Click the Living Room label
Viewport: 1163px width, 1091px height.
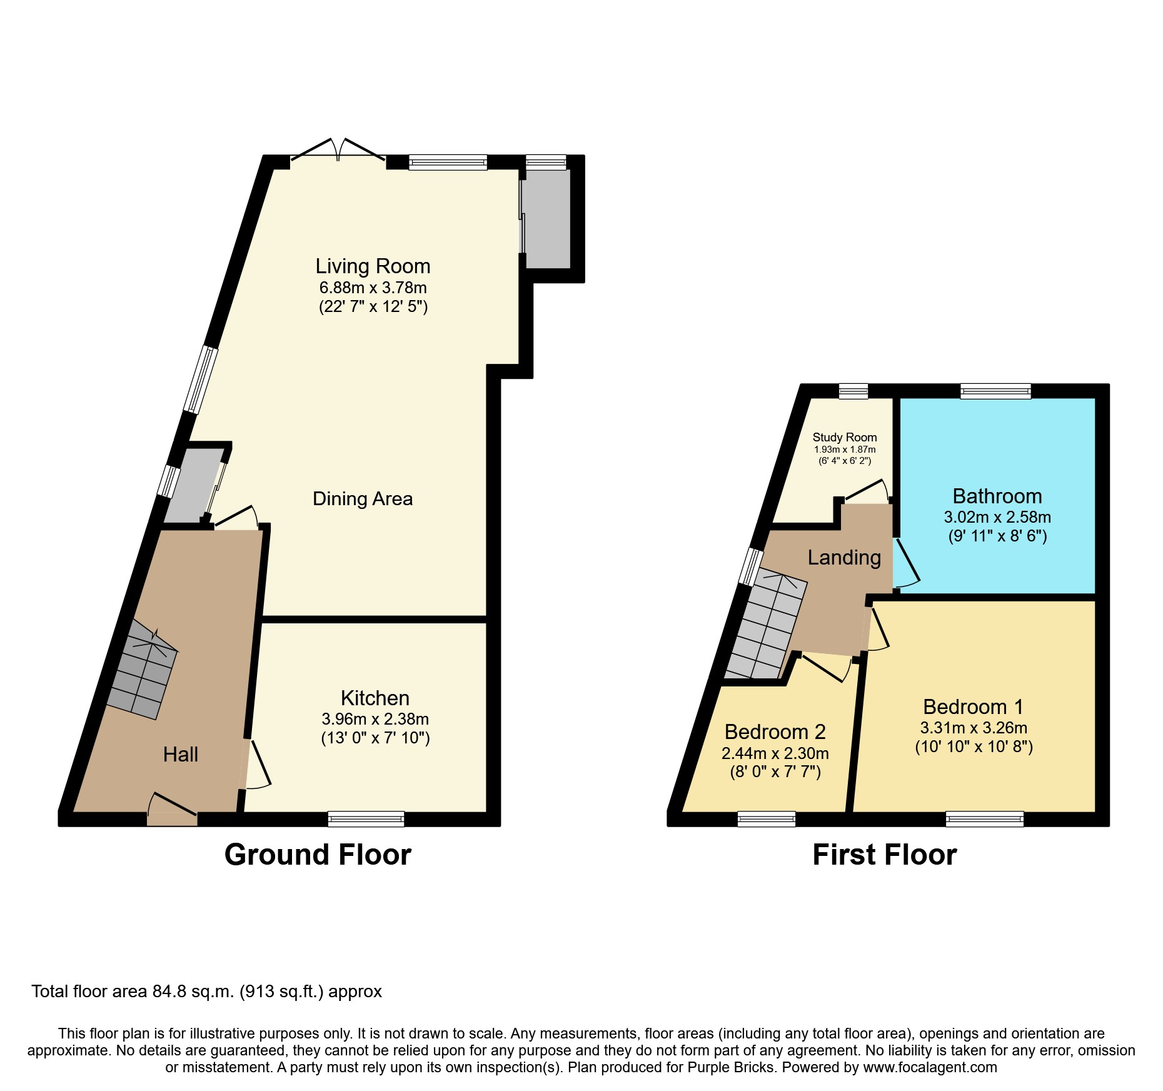373,266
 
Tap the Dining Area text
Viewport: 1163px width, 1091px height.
363,499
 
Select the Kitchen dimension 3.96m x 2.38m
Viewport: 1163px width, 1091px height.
375,719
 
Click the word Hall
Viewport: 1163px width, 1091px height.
180,755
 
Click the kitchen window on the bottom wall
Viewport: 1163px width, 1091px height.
366,818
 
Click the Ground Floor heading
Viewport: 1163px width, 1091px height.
318,855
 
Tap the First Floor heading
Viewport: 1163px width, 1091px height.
884,855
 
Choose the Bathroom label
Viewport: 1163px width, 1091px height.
997,496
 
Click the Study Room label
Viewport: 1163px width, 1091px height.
844,438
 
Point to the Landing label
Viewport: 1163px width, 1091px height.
844,558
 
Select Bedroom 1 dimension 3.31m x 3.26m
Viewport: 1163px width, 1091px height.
974,728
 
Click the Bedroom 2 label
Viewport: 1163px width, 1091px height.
775,732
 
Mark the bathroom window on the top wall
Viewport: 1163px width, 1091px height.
995,391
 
